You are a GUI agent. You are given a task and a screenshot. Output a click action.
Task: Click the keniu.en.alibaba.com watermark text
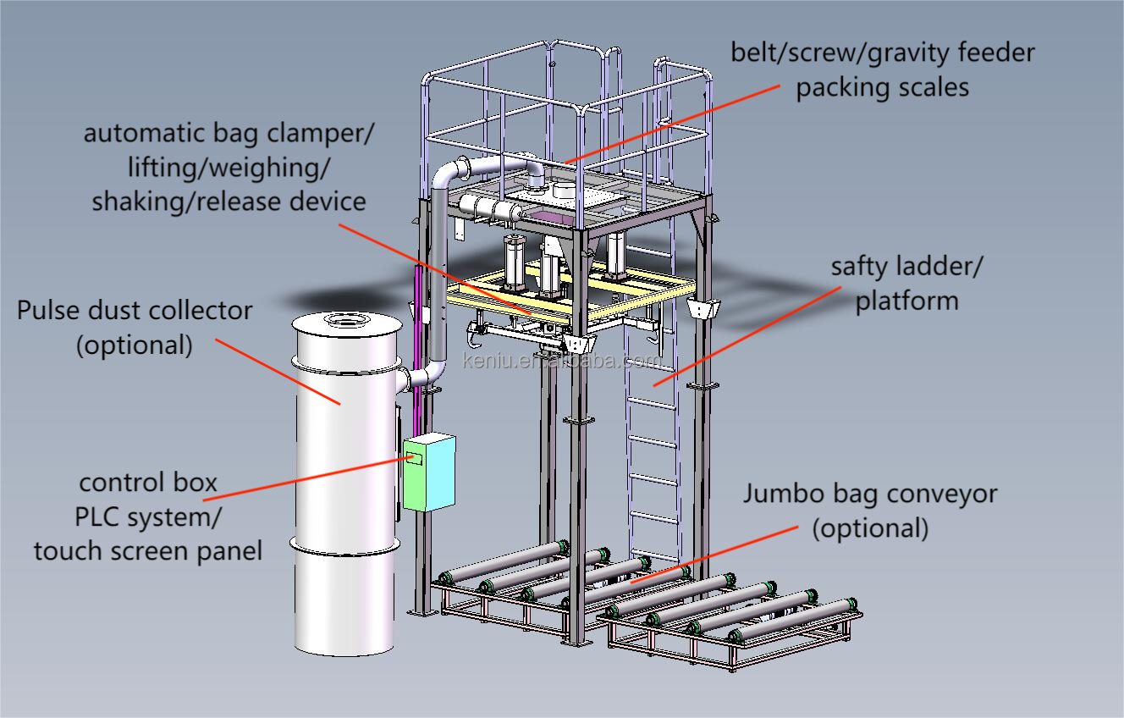pos(562,362)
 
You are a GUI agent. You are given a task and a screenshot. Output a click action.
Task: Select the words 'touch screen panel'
pos(148,550)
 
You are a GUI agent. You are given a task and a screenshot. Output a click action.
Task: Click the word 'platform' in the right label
pos(906,301)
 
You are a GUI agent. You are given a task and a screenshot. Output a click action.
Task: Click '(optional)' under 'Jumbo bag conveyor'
pos(870,528)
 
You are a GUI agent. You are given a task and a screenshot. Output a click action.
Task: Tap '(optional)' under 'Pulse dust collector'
pos(135,345)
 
